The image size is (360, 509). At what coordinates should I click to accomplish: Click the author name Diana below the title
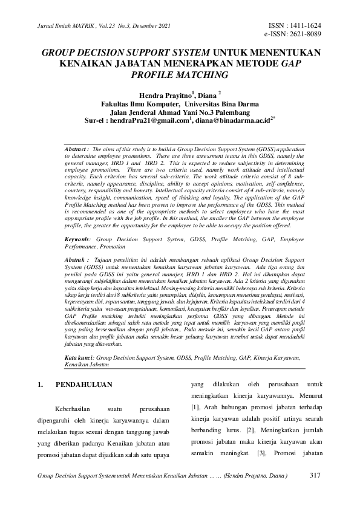207,94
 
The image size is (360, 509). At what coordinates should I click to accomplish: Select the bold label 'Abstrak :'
76,258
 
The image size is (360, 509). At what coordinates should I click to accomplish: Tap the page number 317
314,475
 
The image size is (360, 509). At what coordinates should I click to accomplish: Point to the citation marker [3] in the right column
261,453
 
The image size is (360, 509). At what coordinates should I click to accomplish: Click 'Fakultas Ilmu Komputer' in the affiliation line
137,103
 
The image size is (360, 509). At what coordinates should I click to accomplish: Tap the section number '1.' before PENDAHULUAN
41,384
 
